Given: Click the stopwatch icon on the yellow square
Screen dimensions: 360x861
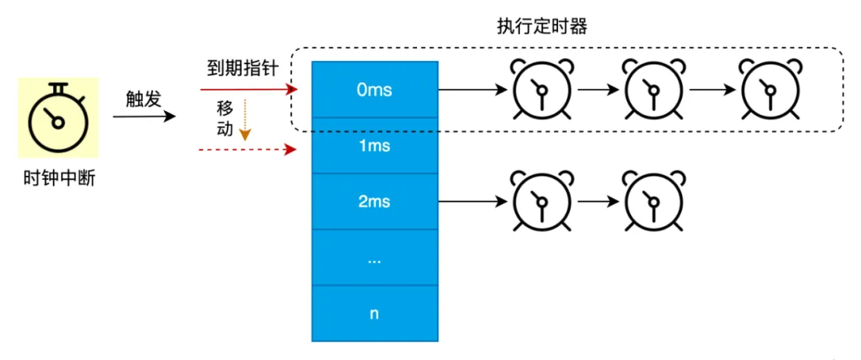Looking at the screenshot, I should coord(57,117).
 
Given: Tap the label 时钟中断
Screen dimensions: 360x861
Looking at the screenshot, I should coord(59,179).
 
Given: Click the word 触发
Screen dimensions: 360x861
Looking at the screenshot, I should coord(143,99).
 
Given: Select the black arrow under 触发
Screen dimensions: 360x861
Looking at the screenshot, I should coord(143,117).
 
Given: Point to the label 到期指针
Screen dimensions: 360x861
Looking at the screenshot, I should coord(238,69).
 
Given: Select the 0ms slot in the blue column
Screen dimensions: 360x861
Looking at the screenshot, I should coord(374,90).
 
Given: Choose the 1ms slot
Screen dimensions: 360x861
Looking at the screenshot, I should coord(374,146).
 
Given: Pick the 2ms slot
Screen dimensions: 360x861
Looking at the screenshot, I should coord(374,201).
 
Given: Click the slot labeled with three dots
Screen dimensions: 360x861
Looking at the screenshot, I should coord(374,257).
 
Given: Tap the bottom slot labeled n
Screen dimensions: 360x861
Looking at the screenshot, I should coord(374,312).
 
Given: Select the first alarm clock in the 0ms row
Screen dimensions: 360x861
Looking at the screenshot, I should coord(541,90).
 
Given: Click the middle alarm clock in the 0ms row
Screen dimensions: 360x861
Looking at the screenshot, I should coord(652,90).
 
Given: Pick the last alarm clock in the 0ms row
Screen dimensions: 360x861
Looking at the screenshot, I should coord(767,90).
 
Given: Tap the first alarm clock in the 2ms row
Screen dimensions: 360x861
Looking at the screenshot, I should coord(541,201).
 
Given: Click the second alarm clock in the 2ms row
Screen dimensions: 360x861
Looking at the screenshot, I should coord(652,201).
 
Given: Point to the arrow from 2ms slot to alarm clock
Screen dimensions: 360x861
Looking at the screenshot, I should coord(472,201).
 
